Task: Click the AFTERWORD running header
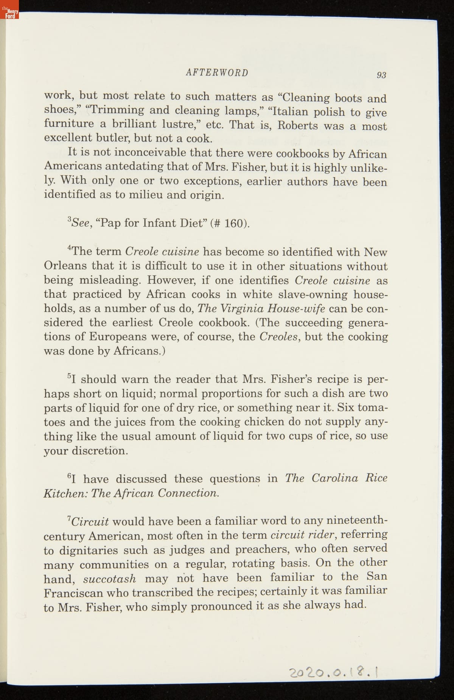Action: coord(217,73)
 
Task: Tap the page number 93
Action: coord(381,75)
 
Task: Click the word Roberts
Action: coord(298,125)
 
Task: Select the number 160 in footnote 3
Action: coord(233,223)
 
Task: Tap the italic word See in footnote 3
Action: coord(81,222)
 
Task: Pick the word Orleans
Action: coord(65,266)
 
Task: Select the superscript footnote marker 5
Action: coord(69,376)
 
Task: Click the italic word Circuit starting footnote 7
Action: coord(90,521)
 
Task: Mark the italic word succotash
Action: coord(109,579)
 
